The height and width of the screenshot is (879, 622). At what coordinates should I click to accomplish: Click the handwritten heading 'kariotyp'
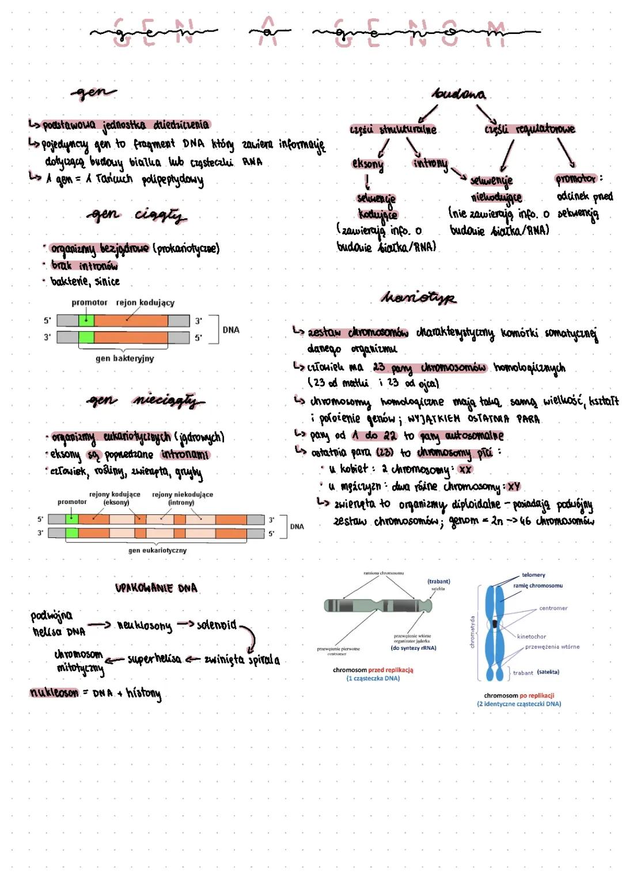418,297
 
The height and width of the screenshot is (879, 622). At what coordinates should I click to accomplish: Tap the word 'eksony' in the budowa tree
367,164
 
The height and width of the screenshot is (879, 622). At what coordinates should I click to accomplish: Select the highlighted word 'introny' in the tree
430,164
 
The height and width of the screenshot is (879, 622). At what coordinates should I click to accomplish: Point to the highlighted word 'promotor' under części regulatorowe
576,179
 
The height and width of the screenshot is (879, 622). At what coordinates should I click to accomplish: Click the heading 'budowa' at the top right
459,94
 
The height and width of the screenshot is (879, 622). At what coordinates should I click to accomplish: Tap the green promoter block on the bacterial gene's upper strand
86,321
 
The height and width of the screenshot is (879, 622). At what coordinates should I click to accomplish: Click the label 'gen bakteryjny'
125,358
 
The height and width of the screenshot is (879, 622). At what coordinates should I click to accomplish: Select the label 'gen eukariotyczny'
157,550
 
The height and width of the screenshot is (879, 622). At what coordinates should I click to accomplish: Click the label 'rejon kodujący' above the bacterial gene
145,302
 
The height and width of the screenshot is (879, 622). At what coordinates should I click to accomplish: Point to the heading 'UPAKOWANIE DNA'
156,588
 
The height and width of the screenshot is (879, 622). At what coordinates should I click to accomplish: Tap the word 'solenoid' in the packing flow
217,625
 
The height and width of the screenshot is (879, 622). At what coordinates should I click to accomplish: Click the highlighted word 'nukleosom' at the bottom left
54,693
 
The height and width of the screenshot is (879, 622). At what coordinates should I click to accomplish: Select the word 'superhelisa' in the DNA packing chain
154,658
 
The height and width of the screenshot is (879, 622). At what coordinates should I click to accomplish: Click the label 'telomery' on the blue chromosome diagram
533,575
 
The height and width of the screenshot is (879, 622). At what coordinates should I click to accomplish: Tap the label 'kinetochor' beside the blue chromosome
531,636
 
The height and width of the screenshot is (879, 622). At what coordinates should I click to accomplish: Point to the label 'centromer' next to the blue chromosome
553,608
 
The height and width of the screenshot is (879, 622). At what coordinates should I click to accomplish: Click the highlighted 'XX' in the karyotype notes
465,469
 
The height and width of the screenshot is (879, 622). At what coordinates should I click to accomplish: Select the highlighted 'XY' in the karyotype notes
514,487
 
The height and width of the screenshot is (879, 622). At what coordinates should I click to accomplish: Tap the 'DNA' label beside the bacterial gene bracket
231,330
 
